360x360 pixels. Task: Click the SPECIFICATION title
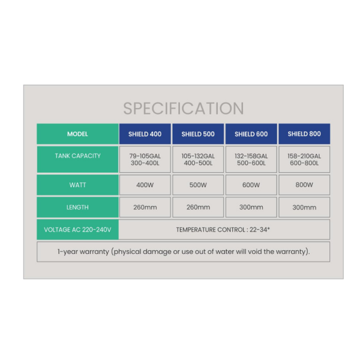(x=184, y=109)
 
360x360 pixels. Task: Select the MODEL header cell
(x=77, y=134)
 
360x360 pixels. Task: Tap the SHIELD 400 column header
(x=145, y=134)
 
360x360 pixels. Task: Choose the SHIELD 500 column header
(x=198, y=134)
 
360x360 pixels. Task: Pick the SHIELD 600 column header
(x=251, y=134)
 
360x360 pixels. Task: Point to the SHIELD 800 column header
(x=304, y=134)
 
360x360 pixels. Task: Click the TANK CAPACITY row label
(x=77, y=160)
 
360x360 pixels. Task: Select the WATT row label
(x=77, y=185)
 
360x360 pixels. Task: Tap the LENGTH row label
(x=77, y=207)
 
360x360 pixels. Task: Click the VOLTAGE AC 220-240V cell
(x=77, y=230)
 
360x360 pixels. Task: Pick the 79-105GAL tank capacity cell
(x=145, y=160)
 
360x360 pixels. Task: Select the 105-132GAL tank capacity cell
(x=198, y=160)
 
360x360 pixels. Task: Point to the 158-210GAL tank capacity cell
(x=304, y=160)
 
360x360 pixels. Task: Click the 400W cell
(x=145, y=185)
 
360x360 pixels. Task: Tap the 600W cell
(x=251, y=185)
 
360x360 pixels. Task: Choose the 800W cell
(x=304, y=185)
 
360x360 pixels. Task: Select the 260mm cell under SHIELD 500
(x=198, y=207)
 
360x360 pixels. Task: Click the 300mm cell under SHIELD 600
(x=251, y=207)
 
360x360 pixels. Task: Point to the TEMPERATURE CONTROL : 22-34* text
(x=223, y=230)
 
